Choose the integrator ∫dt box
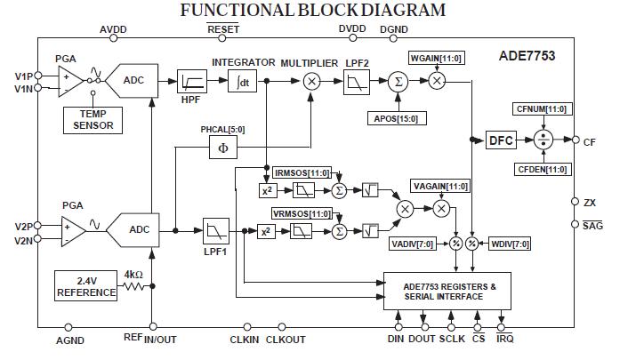pyautogui.click(x=241, y=81)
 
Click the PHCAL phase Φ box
pyautogui.click(x=222, y=148)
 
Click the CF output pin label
pyautogui.click(x=589, y=140)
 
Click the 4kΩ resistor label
pyautogui.click(x=134, y=275)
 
